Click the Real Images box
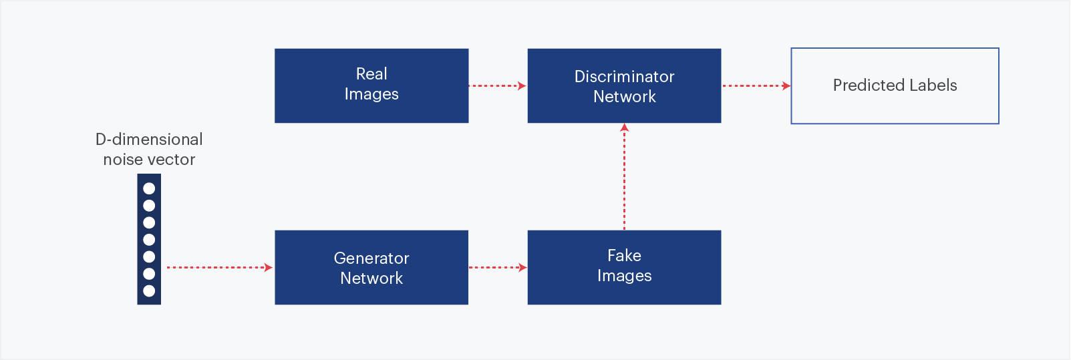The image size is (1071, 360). (x=371, y=85)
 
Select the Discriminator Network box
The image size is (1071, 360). (x=625, y=85)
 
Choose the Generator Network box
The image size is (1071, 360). (x=371, y=267)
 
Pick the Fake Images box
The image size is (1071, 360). (x=625, y=267)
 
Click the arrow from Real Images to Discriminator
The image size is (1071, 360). (x=498, y=85)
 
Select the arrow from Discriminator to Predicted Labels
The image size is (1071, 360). (x=756, y=85)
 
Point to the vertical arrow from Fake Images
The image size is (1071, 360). (x=625, y=176)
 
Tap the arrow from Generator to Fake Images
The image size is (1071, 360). (x=498, y=267)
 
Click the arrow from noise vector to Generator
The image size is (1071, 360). (x=219, y=267)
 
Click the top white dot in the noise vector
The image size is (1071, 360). (x=149, y=188)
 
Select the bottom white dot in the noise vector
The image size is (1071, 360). (x=149, y=291)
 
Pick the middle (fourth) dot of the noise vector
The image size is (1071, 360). (x=149, y=240)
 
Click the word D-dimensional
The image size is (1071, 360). (x=149, y=139)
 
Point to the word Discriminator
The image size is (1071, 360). (x=625, y=77)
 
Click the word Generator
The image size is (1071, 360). (x=371, y=258)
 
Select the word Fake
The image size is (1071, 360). (x=625, y=255)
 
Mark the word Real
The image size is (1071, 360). (x=371, y=73)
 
